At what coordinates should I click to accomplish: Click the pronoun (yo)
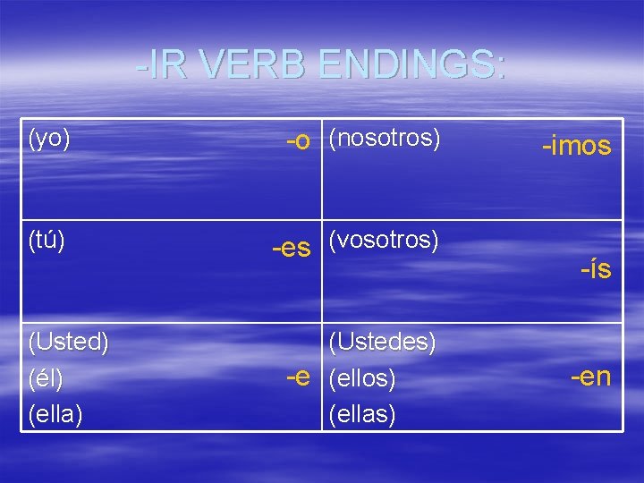pos(50,140)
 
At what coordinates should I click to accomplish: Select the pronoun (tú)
pos(47,241)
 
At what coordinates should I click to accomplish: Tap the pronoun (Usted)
pos(69,342)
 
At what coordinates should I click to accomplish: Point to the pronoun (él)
pos(47,378)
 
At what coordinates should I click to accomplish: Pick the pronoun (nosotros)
pos(385,140)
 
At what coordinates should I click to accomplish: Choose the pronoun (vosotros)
pos(384,241)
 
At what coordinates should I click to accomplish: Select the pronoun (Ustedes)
pos(383,342)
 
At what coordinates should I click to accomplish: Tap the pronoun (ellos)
pos(362,378)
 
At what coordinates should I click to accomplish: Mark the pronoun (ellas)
pos(362,415)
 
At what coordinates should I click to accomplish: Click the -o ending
pos(298,141)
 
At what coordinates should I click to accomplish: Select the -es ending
pos(291,247)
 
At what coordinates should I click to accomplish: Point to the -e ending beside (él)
pos(298,377)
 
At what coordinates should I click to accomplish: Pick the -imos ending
pos(576,146)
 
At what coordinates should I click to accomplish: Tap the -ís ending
pos(596,267)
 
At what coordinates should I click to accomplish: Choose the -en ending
pos(590,377)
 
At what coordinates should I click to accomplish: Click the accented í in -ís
pos(594,267)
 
